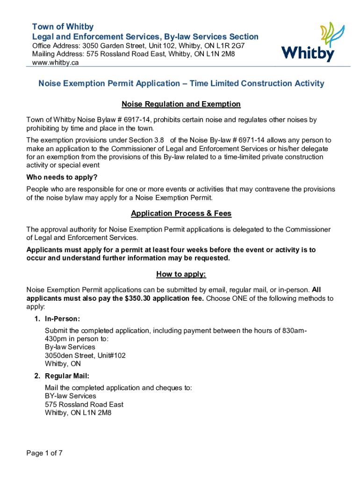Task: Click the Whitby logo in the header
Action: (308, 42)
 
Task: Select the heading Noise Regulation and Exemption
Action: (181, 104)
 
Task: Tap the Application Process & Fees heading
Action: (181, 214)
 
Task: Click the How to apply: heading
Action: (181, 274)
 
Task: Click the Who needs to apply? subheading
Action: (62, 178)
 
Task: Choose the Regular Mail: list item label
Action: (67, 376)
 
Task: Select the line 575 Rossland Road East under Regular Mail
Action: (84, 405)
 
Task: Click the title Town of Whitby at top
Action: (63, 27)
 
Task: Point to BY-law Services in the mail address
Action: (70, 396)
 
